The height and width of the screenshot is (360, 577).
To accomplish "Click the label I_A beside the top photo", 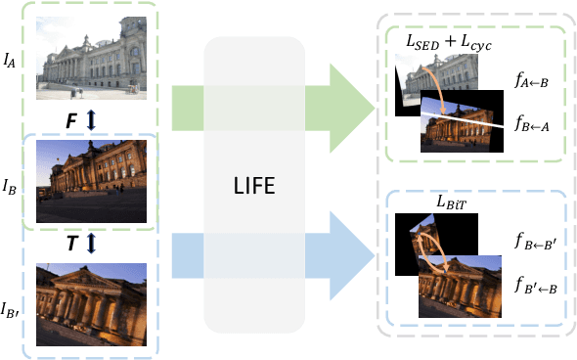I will [x=10, y=61].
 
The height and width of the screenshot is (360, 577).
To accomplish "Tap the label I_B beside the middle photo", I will [x=10, y=183].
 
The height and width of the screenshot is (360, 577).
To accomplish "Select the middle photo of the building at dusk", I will [x=97, y=181].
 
